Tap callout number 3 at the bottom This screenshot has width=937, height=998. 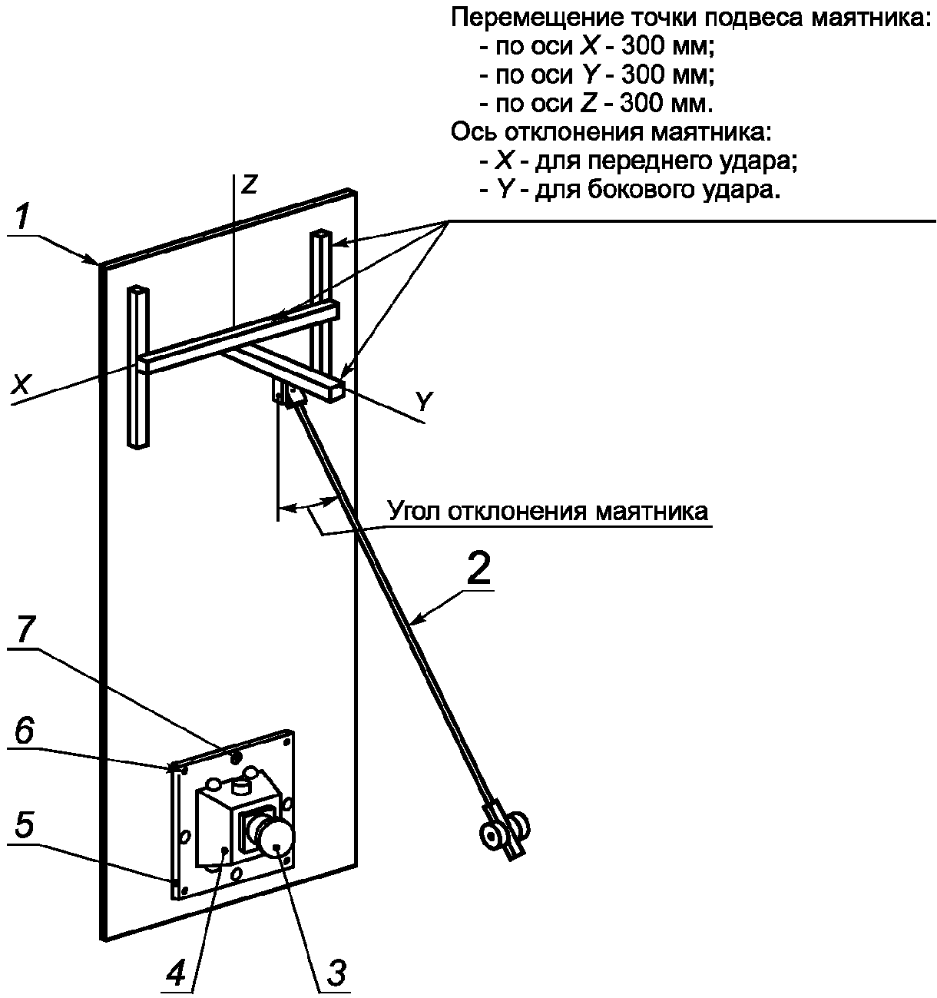335,970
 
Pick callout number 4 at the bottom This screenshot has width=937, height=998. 176,971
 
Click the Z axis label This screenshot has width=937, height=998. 249,185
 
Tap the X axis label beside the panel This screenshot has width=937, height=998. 21,386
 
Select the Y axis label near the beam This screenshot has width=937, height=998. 425,402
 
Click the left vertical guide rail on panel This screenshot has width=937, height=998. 139,366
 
